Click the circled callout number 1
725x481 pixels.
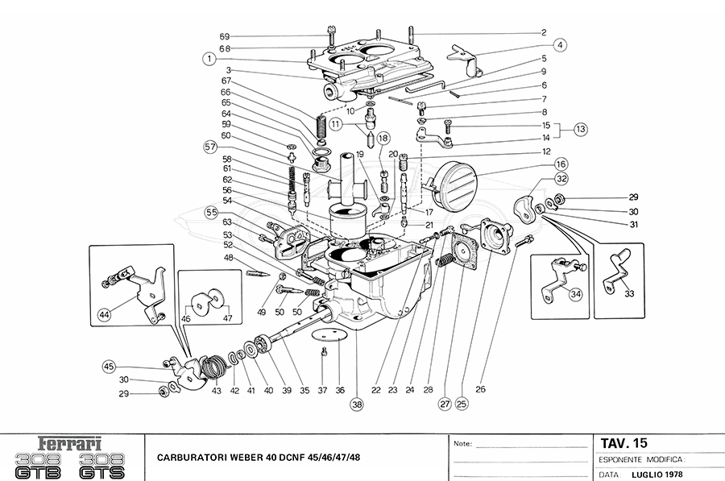click(209, 59)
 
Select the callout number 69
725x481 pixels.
click(225, 36)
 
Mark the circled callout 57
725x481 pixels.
click(210, 147)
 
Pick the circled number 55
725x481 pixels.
click(211, 213)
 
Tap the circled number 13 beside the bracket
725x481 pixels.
click(581, 128)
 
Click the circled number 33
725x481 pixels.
click(629, 293)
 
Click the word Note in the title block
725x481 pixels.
click(462, 444)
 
